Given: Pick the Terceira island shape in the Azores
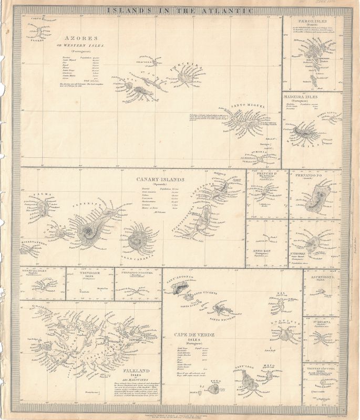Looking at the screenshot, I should click(x=184, y=78).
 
